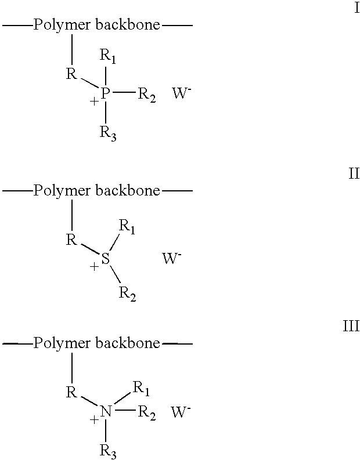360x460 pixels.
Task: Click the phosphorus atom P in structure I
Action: pyautogui.click(x=106, y=93)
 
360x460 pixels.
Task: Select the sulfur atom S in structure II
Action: pyautogui.click(x=106, y=259)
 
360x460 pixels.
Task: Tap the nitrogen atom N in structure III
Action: pyautogui.click(x=106, y=411)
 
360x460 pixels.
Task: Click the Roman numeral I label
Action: pyautogui.click(x=357, y=8)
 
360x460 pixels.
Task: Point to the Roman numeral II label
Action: pyautogui.click(x=354, y=173)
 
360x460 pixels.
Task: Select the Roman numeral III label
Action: pyautogui.click(x=351, y=326)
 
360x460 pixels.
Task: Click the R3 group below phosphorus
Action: pyautogui.click(x=108, y=133)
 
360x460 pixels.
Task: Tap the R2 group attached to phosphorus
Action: pyautogui.click(x=147, y=95)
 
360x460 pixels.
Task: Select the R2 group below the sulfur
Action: pyautogui.click(x=127, y=294)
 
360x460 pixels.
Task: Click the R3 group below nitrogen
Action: pyautogui.click(x=108, y=452)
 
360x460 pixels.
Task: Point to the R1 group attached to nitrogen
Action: pyautogui.click(x=141, y=389)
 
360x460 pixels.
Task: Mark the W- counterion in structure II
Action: pyautogui.click(x=172, y=258)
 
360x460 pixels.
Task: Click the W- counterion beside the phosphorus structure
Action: pyautogui.click(x=182, y=93)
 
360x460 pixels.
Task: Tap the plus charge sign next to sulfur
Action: pyautogui.click(x=94, y=267)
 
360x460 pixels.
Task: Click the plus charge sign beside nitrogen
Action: pyautogui.click(x=94, y=420)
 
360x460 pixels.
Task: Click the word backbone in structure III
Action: pyautogui.click(x=128, y=343)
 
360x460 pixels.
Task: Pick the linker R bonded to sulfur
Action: pyautogui.click(x=71, y=240)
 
